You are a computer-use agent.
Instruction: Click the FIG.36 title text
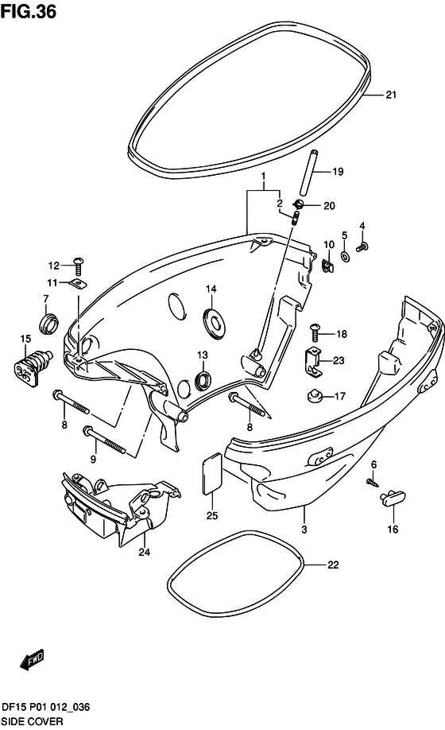[29, 11]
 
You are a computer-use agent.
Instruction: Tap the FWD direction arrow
[32, 659]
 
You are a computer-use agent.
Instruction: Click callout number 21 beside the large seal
[391, 95]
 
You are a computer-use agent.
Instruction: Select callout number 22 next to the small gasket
[333, 565]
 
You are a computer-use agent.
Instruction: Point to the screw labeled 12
[78, 266]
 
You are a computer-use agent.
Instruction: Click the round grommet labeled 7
[48, 323]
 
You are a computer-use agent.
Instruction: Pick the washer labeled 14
[215, 320]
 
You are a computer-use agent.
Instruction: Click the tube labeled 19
[310, 173]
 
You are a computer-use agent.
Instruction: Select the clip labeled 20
[298, 204]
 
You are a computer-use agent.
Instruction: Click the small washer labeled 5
[346, 255]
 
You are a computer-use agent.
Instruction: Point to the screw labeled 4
[362, 247]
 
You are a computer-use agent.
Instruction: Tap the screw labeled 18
[315, 332]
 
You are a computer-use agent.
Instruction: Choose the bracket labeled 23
[313, 362]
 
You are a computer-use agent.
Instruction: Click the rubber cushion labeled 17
[315, 396]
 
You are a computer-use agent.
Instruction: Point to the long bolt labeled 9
[103, 439]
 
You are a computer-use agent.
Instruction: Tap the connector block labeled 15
[32, 366]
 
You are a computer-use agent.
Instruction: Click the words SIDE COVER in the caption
[32, 721]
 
